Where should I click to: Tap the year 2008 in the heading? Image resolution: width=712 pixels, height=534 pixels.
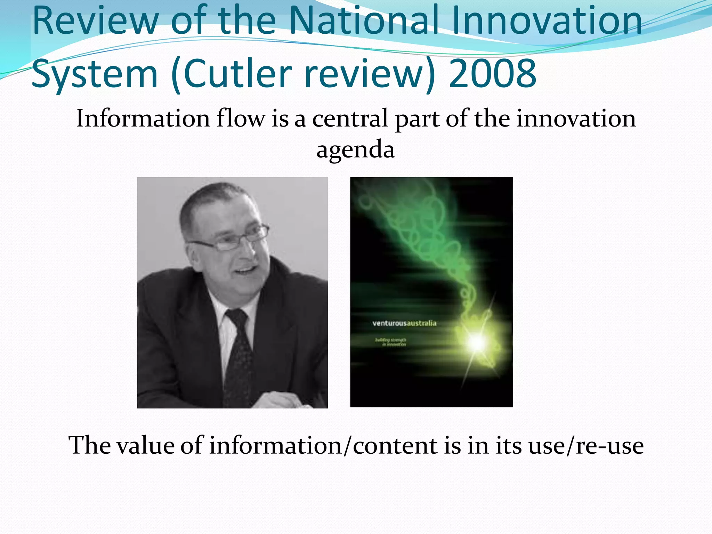(x=492, y=74)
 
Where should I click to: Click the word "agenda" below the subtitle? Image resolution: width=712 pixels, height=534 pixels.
(x=355, y=150)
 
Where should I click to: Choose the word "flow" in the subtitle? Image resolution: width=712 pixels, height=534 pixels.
(x=240, y=118)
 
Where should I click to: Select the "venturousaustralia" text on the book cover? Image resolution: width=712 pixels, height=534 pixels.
(x=404, y=323)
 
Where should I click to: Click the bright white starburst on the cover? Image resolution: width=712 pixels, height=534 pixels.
(x=477, y=342)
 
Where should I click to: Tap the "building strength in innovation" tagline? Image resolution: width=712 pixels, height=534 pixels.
(x=391, y=342)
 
